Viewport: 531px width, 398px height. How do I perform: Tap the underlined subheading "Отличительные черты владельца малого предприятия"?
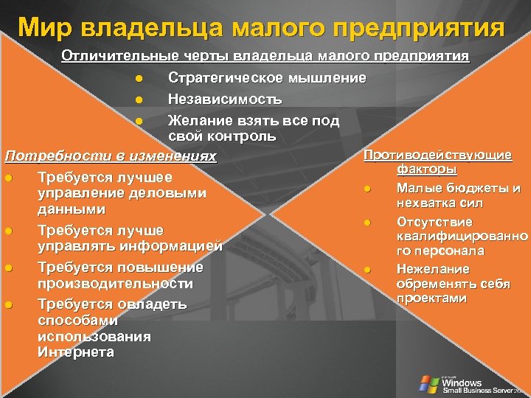tap(265, 57)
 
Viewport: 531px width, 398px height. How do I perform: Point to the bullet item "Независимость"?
tap(224, 99)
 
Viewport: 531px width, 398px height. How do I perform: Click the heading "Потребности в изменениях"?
tap(111, 156)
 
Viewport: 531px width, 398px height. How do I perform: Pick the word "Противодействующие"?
tap(438, 155)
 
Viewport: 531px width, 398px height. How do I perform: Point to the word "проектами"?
tap(431, 298)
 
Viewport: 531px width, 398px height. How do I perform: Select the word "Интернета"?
tap(75, 352)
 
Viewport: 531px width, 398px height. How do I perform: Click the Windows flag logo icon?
tap(428, 383)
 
